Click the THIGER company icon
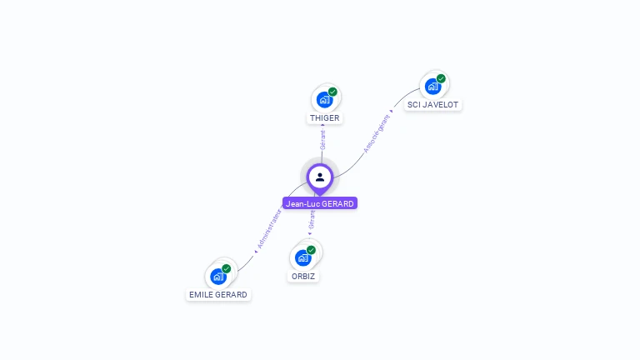tap(324, 100)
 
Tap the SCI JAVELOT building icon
tap(432, 86)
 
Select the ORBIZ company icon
tap(303, 257)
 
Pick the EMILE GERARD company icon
tap(218, 277)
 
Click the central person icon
tap(320, 177)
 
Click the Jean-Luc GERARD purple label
tap(320, 203)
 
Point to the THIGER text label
tap(324, 118)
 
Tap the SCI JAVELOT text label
tap(432, 105)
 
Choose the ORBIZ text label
tap(303, 276)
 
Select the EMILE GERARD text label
tap(218, 295)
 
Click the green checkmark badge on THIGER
tap(332, 92)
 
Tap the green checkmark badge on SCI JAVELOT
tap(441, 78)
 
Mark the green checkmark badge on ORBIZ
tap(311, 250)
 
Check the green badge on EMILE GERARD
tap(226, 268)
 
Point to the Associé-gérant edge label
tap(377, 133)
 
